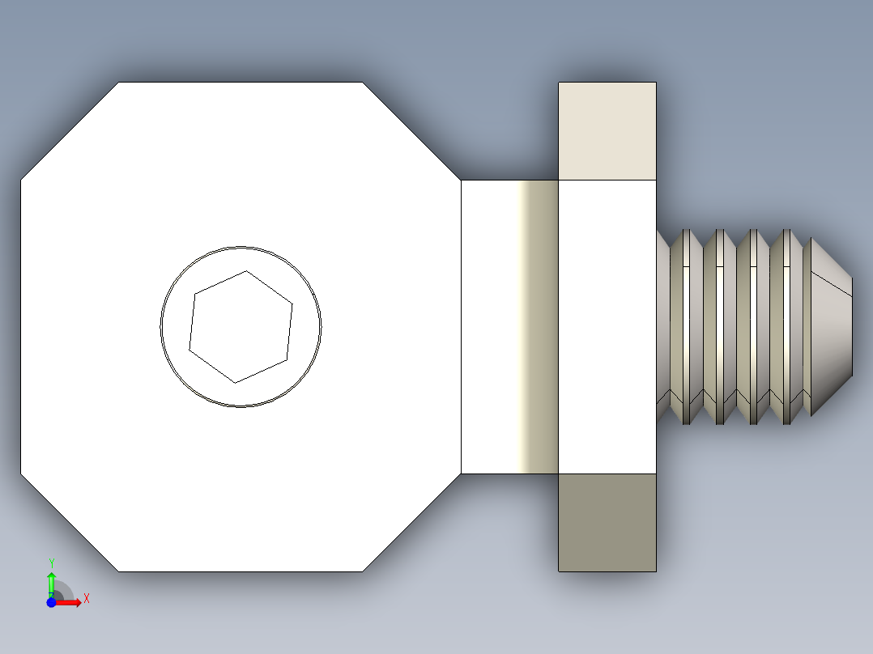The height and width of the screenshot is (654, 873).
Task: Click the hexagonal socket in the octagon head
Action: [241, 326]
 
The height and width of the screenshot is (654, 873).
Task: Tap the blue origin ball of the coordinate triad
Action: [51, 603]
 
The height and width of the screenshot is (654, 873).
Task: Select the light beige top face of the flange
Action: [607, 130]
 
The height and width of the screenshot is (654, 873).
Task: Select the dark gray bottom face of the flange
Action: [607, 522]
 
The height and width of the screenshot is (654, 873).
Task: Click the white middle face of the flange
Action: [607, 326]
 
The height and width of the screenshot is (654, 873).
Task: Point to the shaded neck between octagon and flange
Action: [510, 326]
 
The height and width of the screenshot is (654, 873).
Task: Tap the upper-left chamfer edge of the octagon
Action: [69, 130]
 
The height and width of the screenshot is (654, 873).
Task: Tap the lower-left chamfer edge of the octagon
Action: [69, 523]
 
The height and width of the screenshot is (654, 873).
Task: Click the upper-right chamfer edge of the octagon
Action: [412, 130]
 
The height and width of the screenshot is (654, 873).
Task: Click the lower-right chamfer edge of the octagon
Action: [412, 523]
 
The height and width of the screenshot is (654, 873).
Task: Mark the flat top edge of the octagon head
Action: [241, 82]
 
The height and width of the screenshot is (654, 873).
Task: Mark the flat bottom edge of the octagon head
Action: [241, 571]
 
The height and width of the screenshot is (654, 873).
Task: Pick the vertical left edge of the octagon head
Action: [20, 326]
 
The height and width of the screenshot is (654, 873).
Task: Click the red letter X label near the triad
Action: [87, 599]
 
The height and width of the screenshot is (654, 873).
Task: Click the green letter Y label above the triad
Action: [51, 563]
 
